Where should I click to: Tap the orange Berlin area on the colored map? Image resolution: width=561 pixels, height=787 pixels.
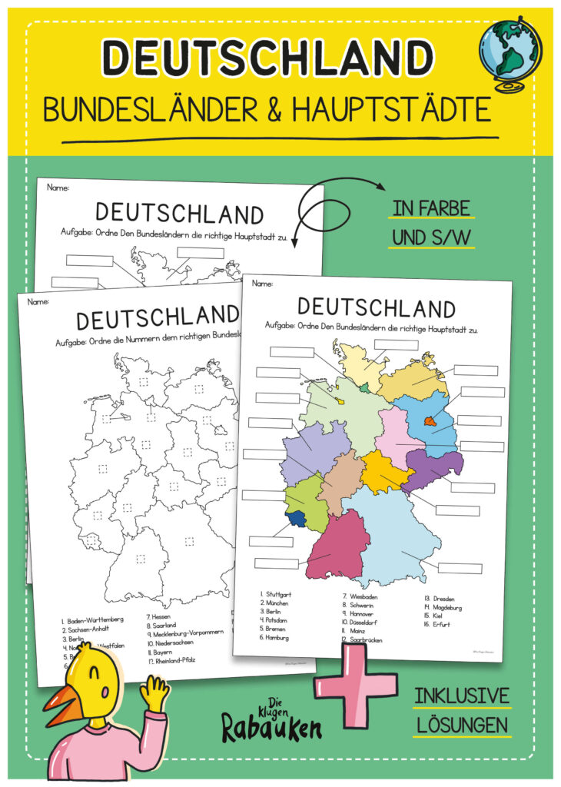pos(430,420)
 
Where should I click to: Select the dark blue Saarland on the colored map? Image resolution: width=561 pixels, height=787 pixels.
pos(295,519)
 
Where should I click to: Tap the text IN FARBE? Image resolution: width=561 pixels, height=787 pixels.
pos(433,210)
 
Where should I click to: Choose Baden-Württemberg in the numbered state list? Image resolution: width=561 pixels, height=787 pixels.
pos(93,619)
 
